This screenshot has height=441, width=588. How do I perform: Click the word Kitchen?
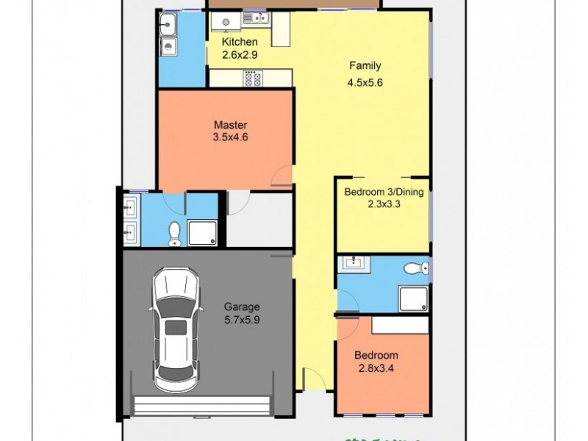[x=240, y=42]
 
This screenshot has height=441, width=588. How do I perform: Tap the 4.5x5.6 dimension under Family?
[x=365, y=82]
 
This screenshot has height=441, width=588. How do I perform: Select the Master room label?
[x=230, y=125]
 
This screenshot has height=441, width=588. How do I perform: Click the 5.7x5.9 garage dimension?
[x=242, y=320]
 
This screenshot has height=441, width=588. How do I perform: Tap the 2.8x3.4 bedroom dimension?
[x=378, y=368]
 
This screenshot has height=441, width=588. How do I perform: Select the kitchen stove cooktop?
[x=254, y=78]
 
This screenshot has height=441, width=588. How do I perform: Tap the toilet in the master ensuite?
[x=174, y=233]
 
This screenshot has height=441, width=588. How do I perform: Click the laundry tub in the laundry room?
[x=168, y=23]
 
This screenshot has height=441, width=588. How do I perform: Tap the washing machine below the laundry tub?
[x=168, y=47]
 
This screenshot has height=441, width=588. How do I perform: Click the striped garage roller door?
[x=203, y=405]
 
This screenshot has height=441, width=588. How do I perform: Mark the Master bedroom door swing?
[x=282, y=174]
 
